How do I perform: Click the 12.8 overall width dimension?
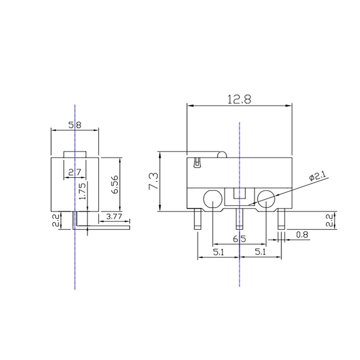click(239, 99)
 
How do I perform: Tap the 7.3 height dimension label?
click(154, 181)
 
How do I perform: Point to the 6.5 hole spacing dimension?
click(239, 239)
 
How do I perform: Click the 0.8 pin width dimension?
click(302, 235)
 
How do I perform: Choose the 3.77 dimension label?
click(114, 216)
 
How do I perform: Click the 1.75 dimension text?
click(83, 191)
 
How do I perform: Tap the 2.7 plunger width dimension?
click(75, 172)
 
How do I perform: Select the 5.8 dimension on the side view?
click(75, 125)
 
